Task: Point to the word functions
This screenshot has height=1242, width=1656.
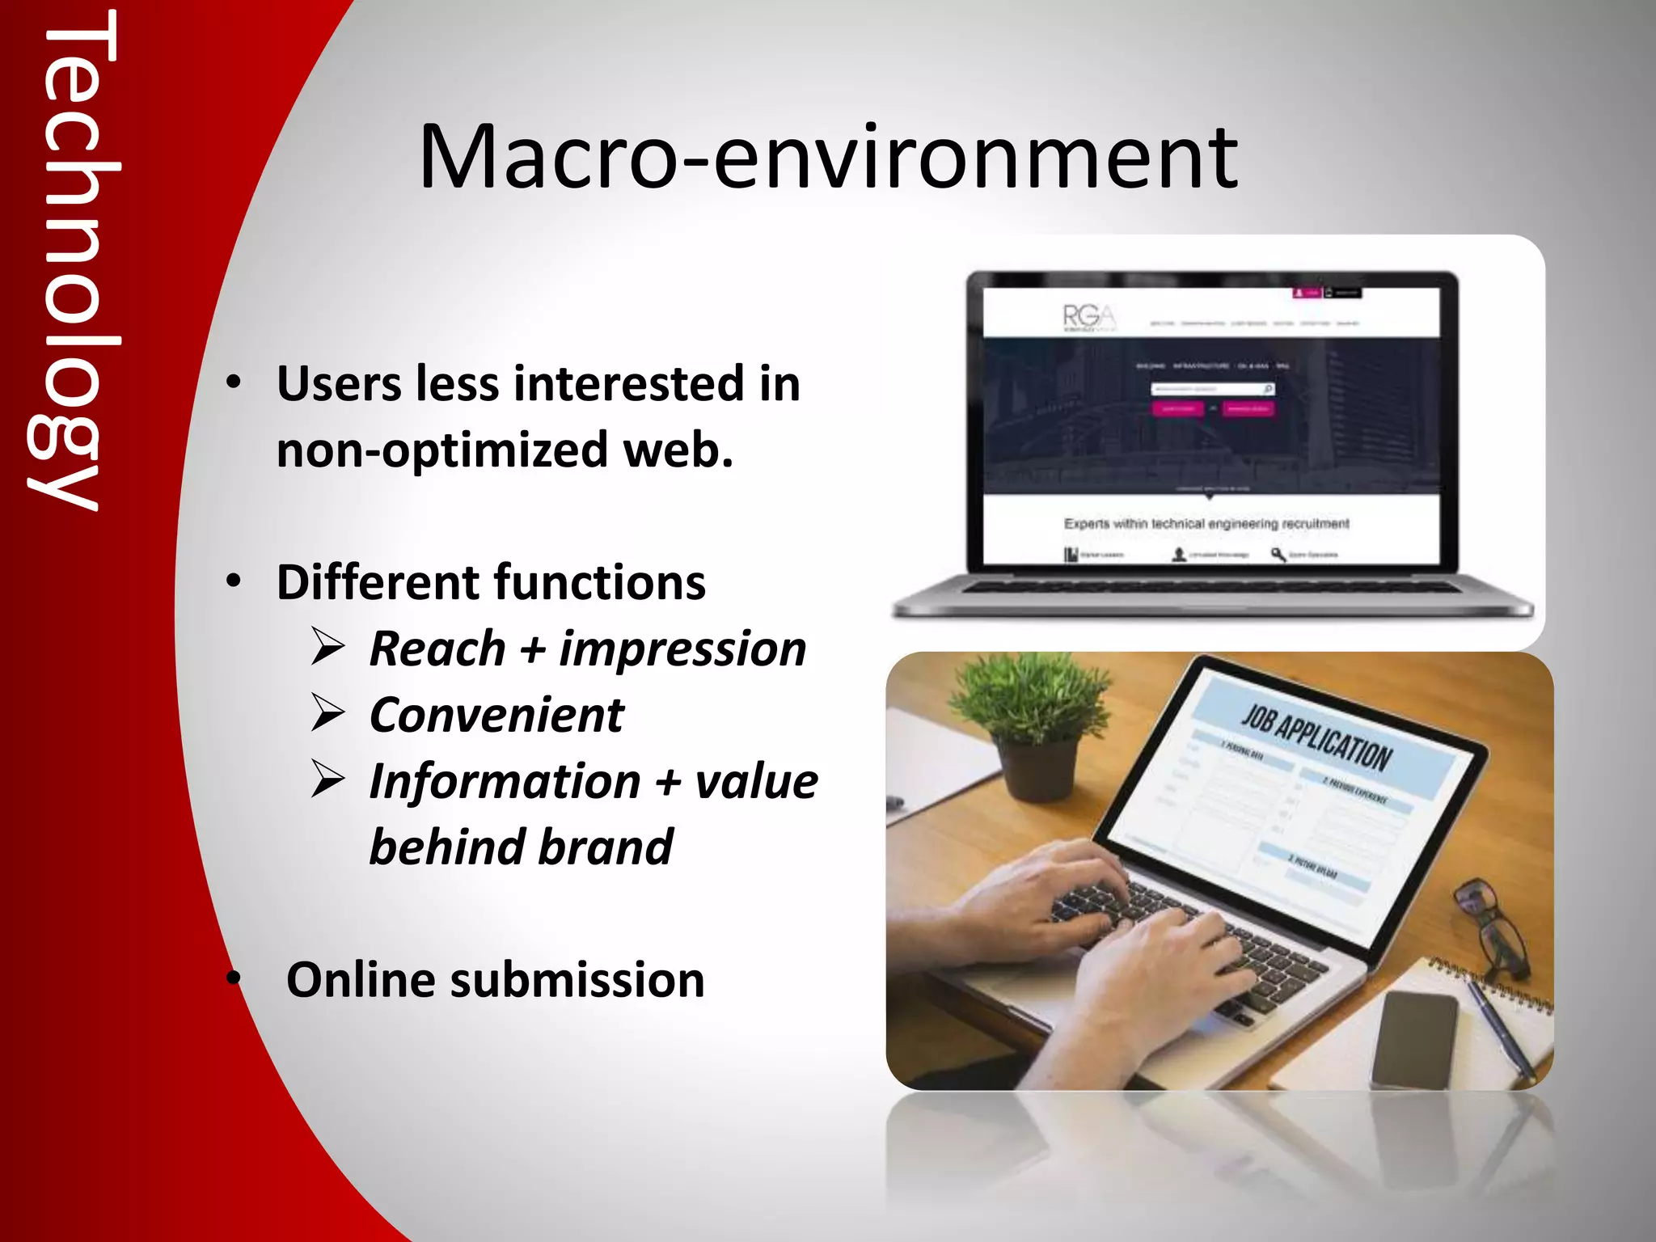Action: point(599,582)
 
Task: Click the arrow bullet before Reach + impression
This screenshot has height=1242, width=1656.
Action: point(328,648)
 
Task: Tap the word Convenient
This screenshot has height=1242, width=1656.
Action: point(496,716)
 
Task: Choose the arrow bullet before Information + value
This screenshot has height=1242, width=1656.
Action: point(328,781)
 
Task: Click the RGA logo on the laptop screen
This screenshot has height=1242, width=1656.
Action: point(1088,317)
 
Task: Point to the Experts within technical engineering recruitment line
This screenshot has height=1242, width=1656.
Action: point(1206,524)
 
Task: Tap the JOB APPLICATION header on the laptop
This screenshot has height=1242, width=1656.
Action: point(1316,737)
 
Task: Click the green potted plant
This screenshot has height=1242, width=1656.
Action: point(1033,728)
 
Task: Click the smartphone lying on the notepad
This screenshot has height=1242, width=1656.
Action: point(1415,1039)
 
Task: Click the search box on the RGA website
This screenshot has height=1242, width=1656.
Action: point(1210,390)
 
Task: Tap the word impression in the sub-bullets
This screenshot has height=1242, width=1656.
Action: point(682,649)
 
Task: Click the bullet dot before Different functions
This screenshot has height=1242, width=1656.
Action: point(234,581)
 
